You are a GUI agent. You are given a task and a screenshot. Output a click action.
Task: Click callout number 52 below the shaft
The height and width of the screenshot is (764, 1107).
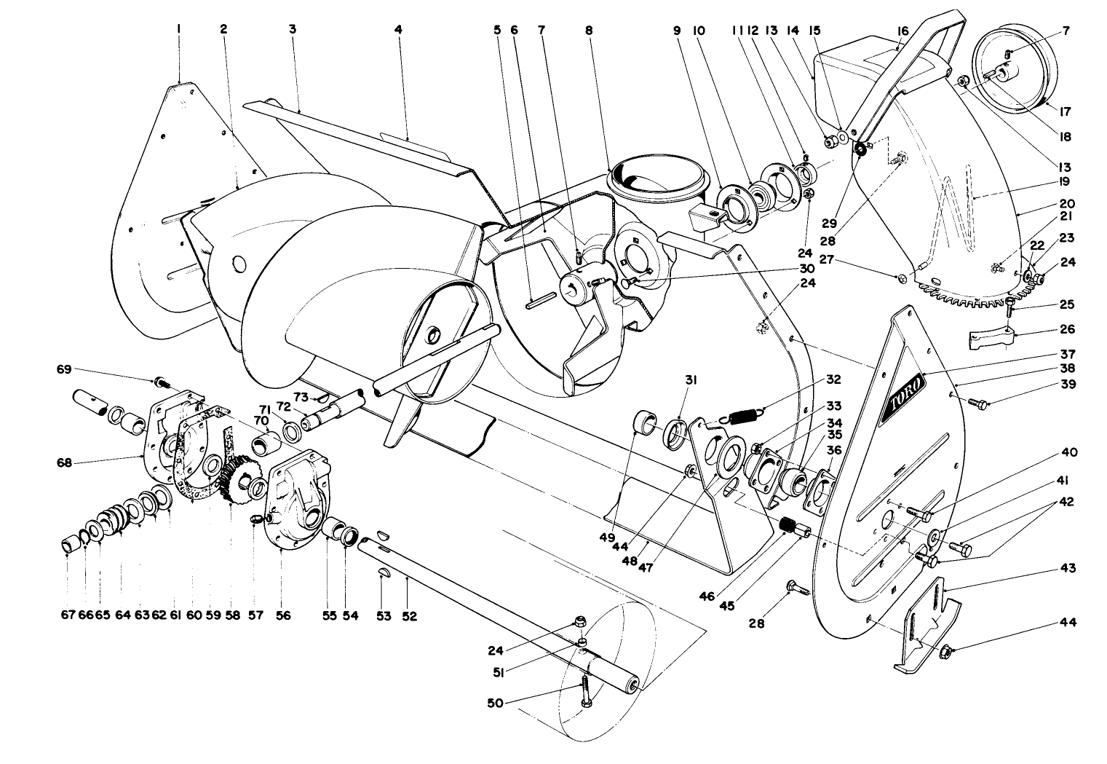coord(409,616)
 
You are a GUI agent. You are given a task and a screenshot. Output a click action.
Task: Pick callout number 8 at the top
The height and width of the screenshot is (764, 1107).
coord(588,30)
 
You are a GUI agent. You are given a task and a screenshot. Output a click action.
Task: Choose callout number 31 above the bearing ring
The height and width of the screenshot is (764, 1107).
coord(689,379)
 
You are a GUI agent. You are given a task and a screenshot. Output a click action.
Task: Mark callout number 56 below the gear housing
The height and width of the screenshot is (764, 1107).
coord(283,616)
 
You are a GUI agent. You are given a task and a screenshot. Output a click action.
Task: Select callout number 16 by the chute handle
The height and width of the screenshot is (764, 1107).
coord(902,30)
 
